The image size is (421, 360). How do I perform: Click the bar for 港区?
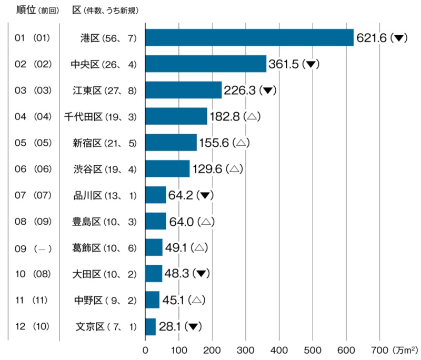click(249, 37)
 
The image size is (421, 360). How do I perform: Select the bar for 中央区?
click(206, 64)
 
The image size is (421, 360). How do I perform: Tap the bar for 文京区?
click(151, 327)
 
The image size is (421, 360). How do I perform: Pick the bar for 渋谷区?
click(167, 169)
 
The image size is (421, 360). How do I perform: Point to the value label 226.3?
click(239, 91)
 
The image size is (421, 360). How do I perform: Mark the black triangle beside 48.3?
click(201, 274)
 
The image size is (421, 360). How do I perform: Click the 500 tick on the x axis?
click(313, 349)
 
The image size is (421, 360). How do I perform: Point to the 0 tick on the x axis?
click(146, 349)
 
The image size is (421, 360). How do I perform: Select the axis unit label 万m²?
click(405, 349)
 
